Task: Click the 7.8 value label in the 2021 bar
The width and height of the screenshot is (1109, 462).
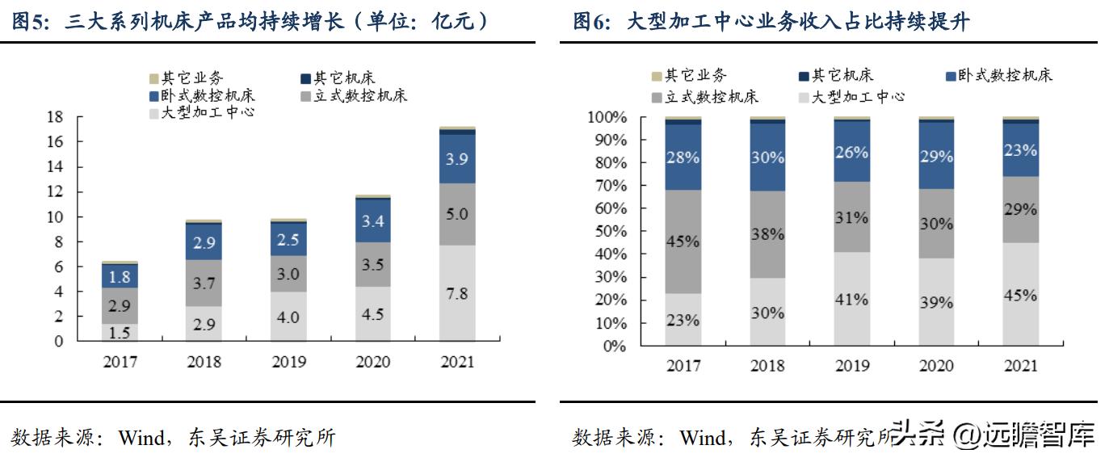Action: pyautogui.click(x=457, y=294)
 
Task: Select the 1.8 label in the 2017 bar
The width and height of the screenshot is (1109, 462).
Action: pyautogui.click(x=119, y=277)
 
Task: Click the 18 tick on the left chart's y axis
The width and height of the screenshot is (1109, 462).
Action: pyautogui.click(x=54, y=117)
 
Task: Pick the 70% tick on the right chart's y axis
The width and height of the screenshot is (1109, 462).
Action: pyautogui.click(x=607, y=186)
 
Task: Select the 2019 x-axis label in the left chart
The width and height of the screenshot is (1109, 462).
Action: pyautogui.click(x=288, y=362)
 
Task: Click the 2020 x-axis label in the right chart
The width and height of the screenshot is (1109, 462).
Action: pyautogui.click(x=936, y=366)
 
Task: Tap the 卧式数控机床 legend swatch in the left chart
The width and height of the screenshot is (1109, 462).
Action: pyautogui.click(x=153, y=96)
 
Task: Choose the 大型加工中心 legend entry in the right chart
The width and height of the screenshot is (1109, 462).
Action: pyautogui.click(x=857, y=97)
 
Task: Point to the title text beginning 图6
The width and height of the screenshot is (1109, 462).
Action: pyautogui.click(x=771, y=22)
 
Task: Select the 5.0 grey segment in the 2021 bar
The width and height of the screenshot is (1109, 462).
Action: pyautogui.click(x=457, y=215)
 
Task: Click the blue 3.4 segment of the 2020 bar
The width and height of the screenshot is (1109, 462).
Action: pyautogui.click(x=373, y=220)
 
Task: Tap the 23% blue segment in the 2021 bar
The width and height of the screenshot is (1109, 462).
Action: pyautogui.click(x=1021, y=150)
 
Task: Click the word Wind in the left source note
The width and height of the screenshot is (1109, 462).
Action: pyautogui.click(x=141, y=438)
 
